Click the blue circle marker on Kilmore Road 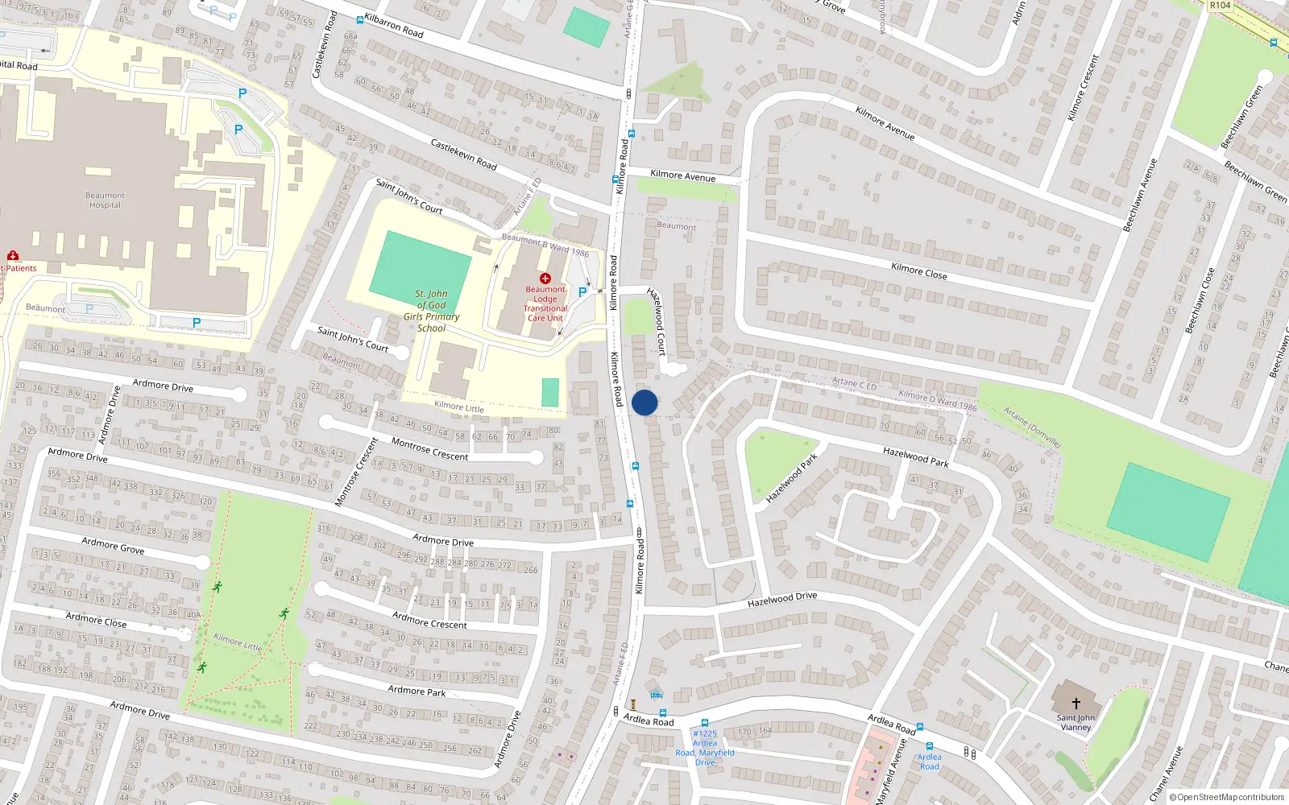click(644, 402)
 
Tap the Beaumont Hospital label click(105, 200)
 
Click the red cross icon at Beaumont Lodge click(545, 279)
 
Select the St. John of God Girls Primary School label click(431, 311)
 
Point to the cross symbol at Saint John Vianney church click(1076, 704)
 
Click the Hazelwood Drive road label click(782, 599)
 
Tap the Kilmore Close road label click(919, 270)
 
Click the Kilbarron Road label click(394, 26)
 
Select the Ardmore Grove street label click(113, 546)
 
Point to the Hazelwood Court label click(657, 321)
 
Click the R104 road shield click(1220, 6)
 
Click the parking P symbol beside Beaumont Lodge click(582, 292)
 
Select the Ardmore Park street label click(417, 690)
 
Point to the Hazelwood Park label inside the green click(791, 478)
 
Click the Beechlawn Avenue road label click(1140, 196)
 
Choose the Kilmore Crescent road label click(1083, 88)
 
